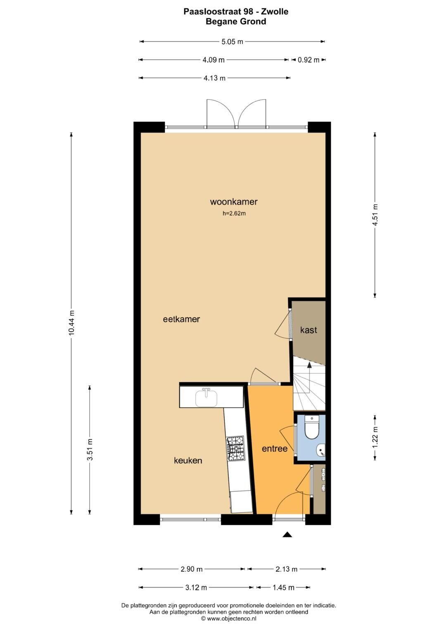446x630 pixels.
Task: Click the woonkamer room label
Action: [234, 202]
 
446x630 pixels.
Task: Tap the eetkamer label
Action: [181, 319]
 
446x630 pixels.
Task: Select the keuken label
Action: [188, 460]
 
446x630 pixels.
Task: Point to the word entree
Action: [275, 448]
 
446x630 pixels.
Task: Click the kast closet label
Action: [308, 330]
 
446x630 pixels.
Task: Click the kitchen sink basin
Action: [206, 397]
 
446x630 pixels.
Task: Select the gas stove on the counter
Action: [236, 448]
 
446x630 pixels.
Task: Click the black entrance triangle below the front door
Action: [287, 535]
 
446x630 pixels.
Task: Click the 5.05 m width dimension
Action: [232, 42]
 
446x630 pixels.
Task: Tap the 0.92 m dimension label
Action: [308, 60]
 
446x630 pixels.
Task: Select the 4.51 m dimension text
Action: [375, 215]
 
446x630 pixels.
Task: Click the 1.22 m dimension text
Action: [375, 438]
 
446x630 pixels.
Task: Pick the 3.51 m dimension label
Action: [90, 449]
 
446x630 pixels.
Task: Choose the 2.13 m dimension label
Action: [286, 569]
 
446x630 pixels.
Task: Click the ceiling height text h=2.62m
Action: [234, 213]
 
